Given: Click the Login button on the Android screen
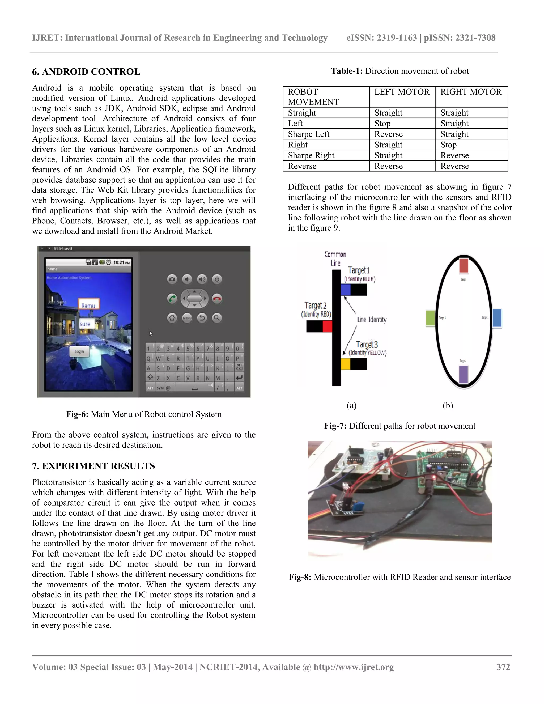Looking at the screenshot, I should tap(79, 351).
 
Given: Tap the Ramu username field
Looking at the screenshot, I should tap(88, 305).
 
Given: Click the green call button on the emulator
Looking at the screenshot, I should tap(172, 299).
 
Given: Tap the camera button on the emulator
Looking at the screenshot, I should tap(172, 279).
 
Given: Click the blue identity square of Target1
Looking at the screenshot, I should tap(346, 290).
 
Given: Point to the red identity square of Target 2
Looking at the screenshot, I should tap(327, 326).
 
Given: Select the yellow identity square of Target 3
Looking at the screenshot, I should tap(346, 364).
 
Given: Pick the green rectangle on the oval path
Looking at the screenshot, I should tap(430, 318).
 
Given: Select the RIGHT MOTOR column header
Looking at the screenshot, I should tap(471, 92).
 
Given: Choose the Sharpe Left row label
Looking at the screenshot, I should tap(308, 134).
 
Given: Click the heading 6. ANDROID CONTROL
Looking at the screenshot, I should tap(86, 71).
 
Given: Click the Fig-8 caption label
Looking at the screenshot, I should tap(300, 577).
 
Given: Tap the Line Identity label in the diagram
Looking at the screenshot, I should tap(371, 319).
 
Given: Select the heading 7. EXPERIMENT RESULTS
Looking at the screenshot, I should tap(93, 466).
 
